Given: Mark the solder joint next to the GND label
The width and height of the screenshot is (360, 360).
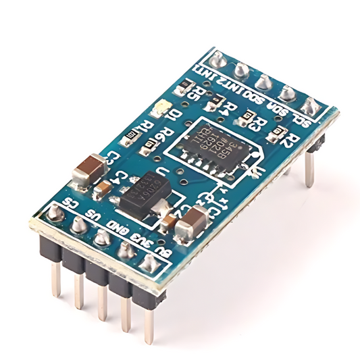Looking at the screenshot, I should tap(101, 237).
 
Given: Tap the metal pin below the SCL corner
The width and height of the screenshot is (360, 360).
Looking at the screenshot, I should tap(309, 169).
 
